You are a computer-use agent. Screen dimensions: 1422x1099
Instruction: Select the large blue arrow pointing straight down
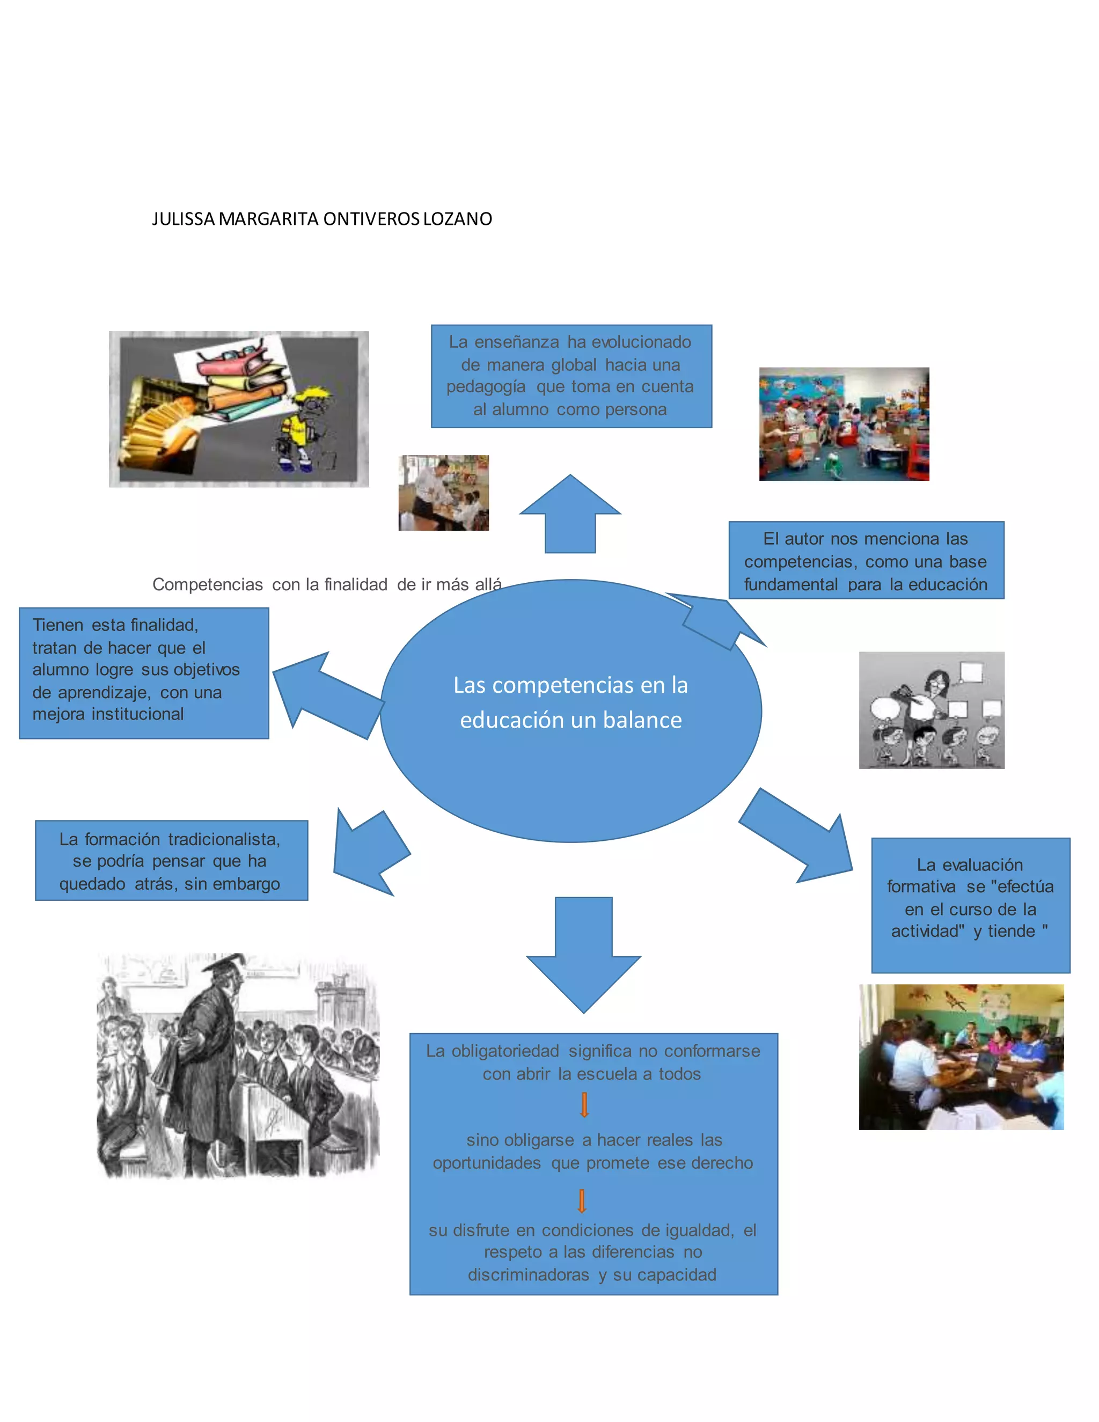click(x=583, y=952)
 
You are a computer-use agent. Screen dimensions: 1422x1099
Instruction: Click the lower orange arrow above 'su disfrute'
click(x=582, y=1200)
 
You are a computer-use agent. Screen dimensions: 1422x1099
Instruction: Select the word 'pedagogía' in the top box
click(x=486, y=387)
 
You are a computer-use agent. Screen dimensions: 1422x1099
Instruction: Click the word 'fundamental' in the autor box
click(x=790, y=585)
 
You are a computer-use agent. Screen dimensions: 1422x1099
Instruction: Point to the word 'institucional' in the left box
click(x=137, y=714)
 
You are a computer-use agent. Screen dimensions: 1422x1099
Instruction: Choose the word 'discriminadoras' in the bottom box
click(x=528, y=1274)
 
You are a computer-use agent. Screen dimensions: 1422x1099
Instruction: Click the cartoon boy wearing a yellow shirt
click(x=303, y=430)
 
